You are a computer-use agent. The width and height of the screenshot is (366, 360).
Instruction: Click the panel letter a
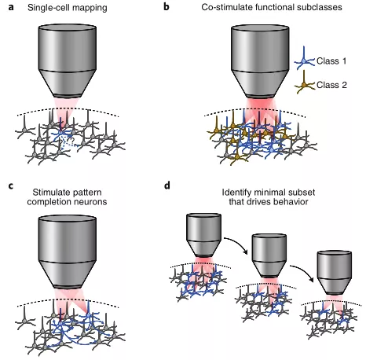point(11,7)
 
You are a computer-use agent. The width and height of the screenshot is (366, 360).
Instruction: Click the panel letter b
point(167,6)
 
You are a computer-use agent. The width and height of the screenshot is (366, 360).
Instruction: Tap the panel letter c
point(11,186)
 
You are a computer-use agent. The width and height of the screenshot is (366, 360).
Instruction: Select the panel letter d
point(167,186)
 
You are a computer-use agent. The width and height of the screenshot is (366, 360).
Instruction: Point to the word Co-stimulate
point(224,7)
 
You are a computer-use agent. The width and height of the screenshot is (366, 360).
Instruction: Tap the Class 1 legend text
point(331,61)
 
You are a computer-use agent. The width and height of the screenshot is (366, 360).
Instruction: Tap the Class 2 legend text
point(331,85)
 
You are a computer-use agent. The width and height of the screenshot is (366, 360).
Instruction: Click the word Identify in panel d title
point(233,193)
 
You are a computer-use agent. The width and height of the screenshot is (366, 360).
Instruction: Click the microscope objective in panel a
point(68,61)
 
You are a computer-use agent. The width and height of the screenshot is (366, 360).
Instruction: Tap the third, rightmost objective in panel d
point(335,273)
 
